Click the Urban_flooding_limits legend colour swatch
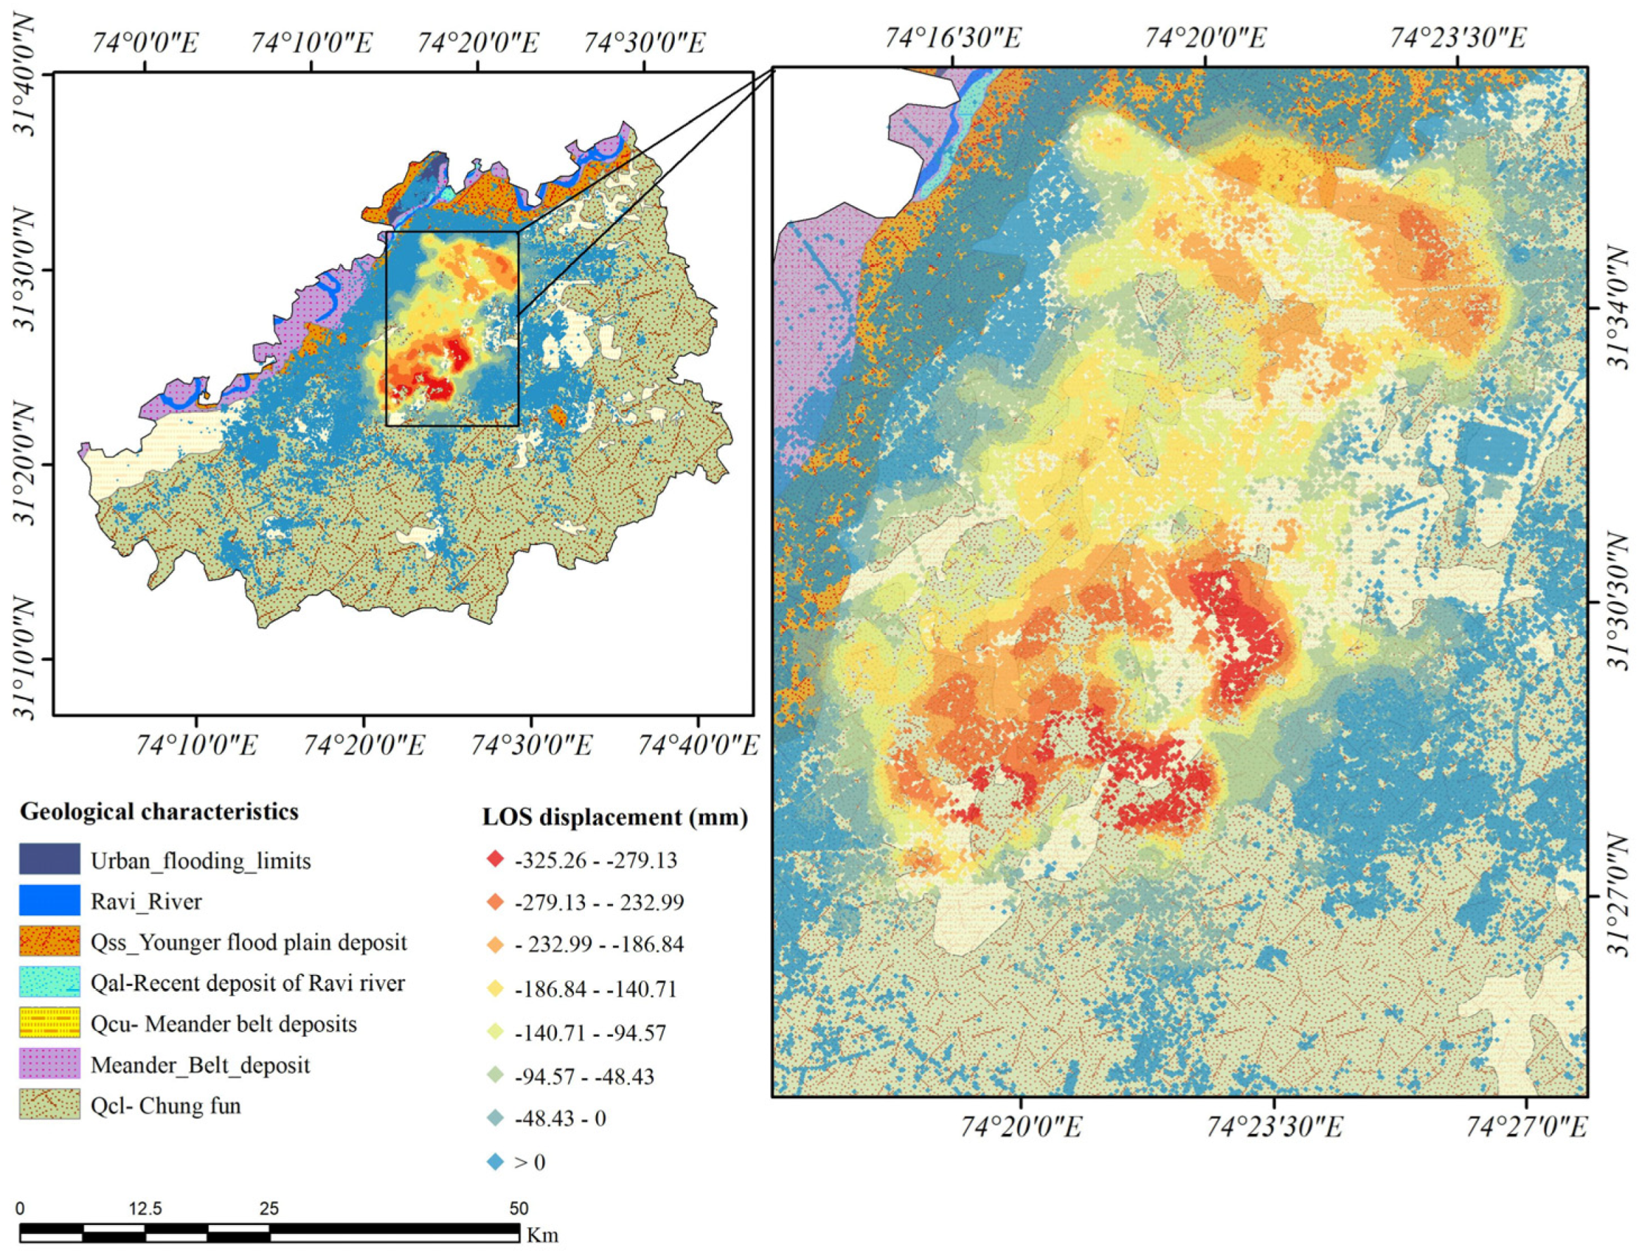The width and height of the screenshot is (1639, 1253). point(49,858)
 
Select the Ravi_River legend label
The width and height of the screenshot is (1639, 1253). point(146,902)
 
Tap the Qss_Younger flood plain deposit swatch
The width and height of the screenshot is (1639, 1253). point(49,942)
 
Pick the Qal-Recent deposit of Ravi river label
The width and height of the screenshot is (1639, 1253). point(248,983)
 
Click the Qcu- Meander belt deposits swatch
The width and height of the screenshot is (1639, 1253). point(49,1023)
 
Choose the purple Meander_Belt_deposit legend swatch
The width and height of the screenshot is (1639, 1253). point(49,1064)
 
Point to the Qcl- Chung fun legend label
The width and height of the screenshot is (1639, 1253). point(166,1106)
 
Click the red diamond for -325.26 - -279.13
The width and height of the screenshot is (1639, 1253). point(495,859)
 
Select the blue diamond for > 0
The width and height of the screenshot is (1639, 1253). point(495,1162)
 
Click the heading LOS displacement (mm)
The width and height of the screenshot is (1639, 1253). point(614,818)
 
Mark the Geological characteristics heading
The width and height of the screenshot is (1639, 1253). point(159,811)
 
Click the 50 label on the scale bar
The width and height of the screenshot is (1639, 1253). point(519,1209)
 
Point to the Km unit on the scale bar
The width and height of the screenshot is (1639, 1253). point(542,1235)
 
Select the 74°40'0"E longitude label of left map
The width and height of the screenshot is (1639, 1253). point(698,745)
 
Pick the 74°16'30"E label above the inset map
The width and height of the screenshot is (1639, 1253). point(952,38)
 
